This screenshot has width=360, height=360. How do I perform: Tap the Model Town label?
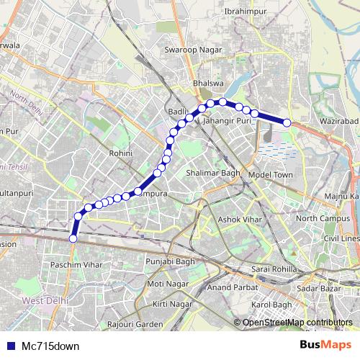(270, 175)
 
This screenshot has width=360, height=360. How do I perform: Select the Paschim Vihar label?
(71, 266)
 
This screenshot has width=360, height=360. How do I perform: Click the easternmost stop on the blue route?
(287, 123)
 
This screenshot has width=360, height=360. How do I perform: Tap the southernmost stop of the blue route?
(73, 238)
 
